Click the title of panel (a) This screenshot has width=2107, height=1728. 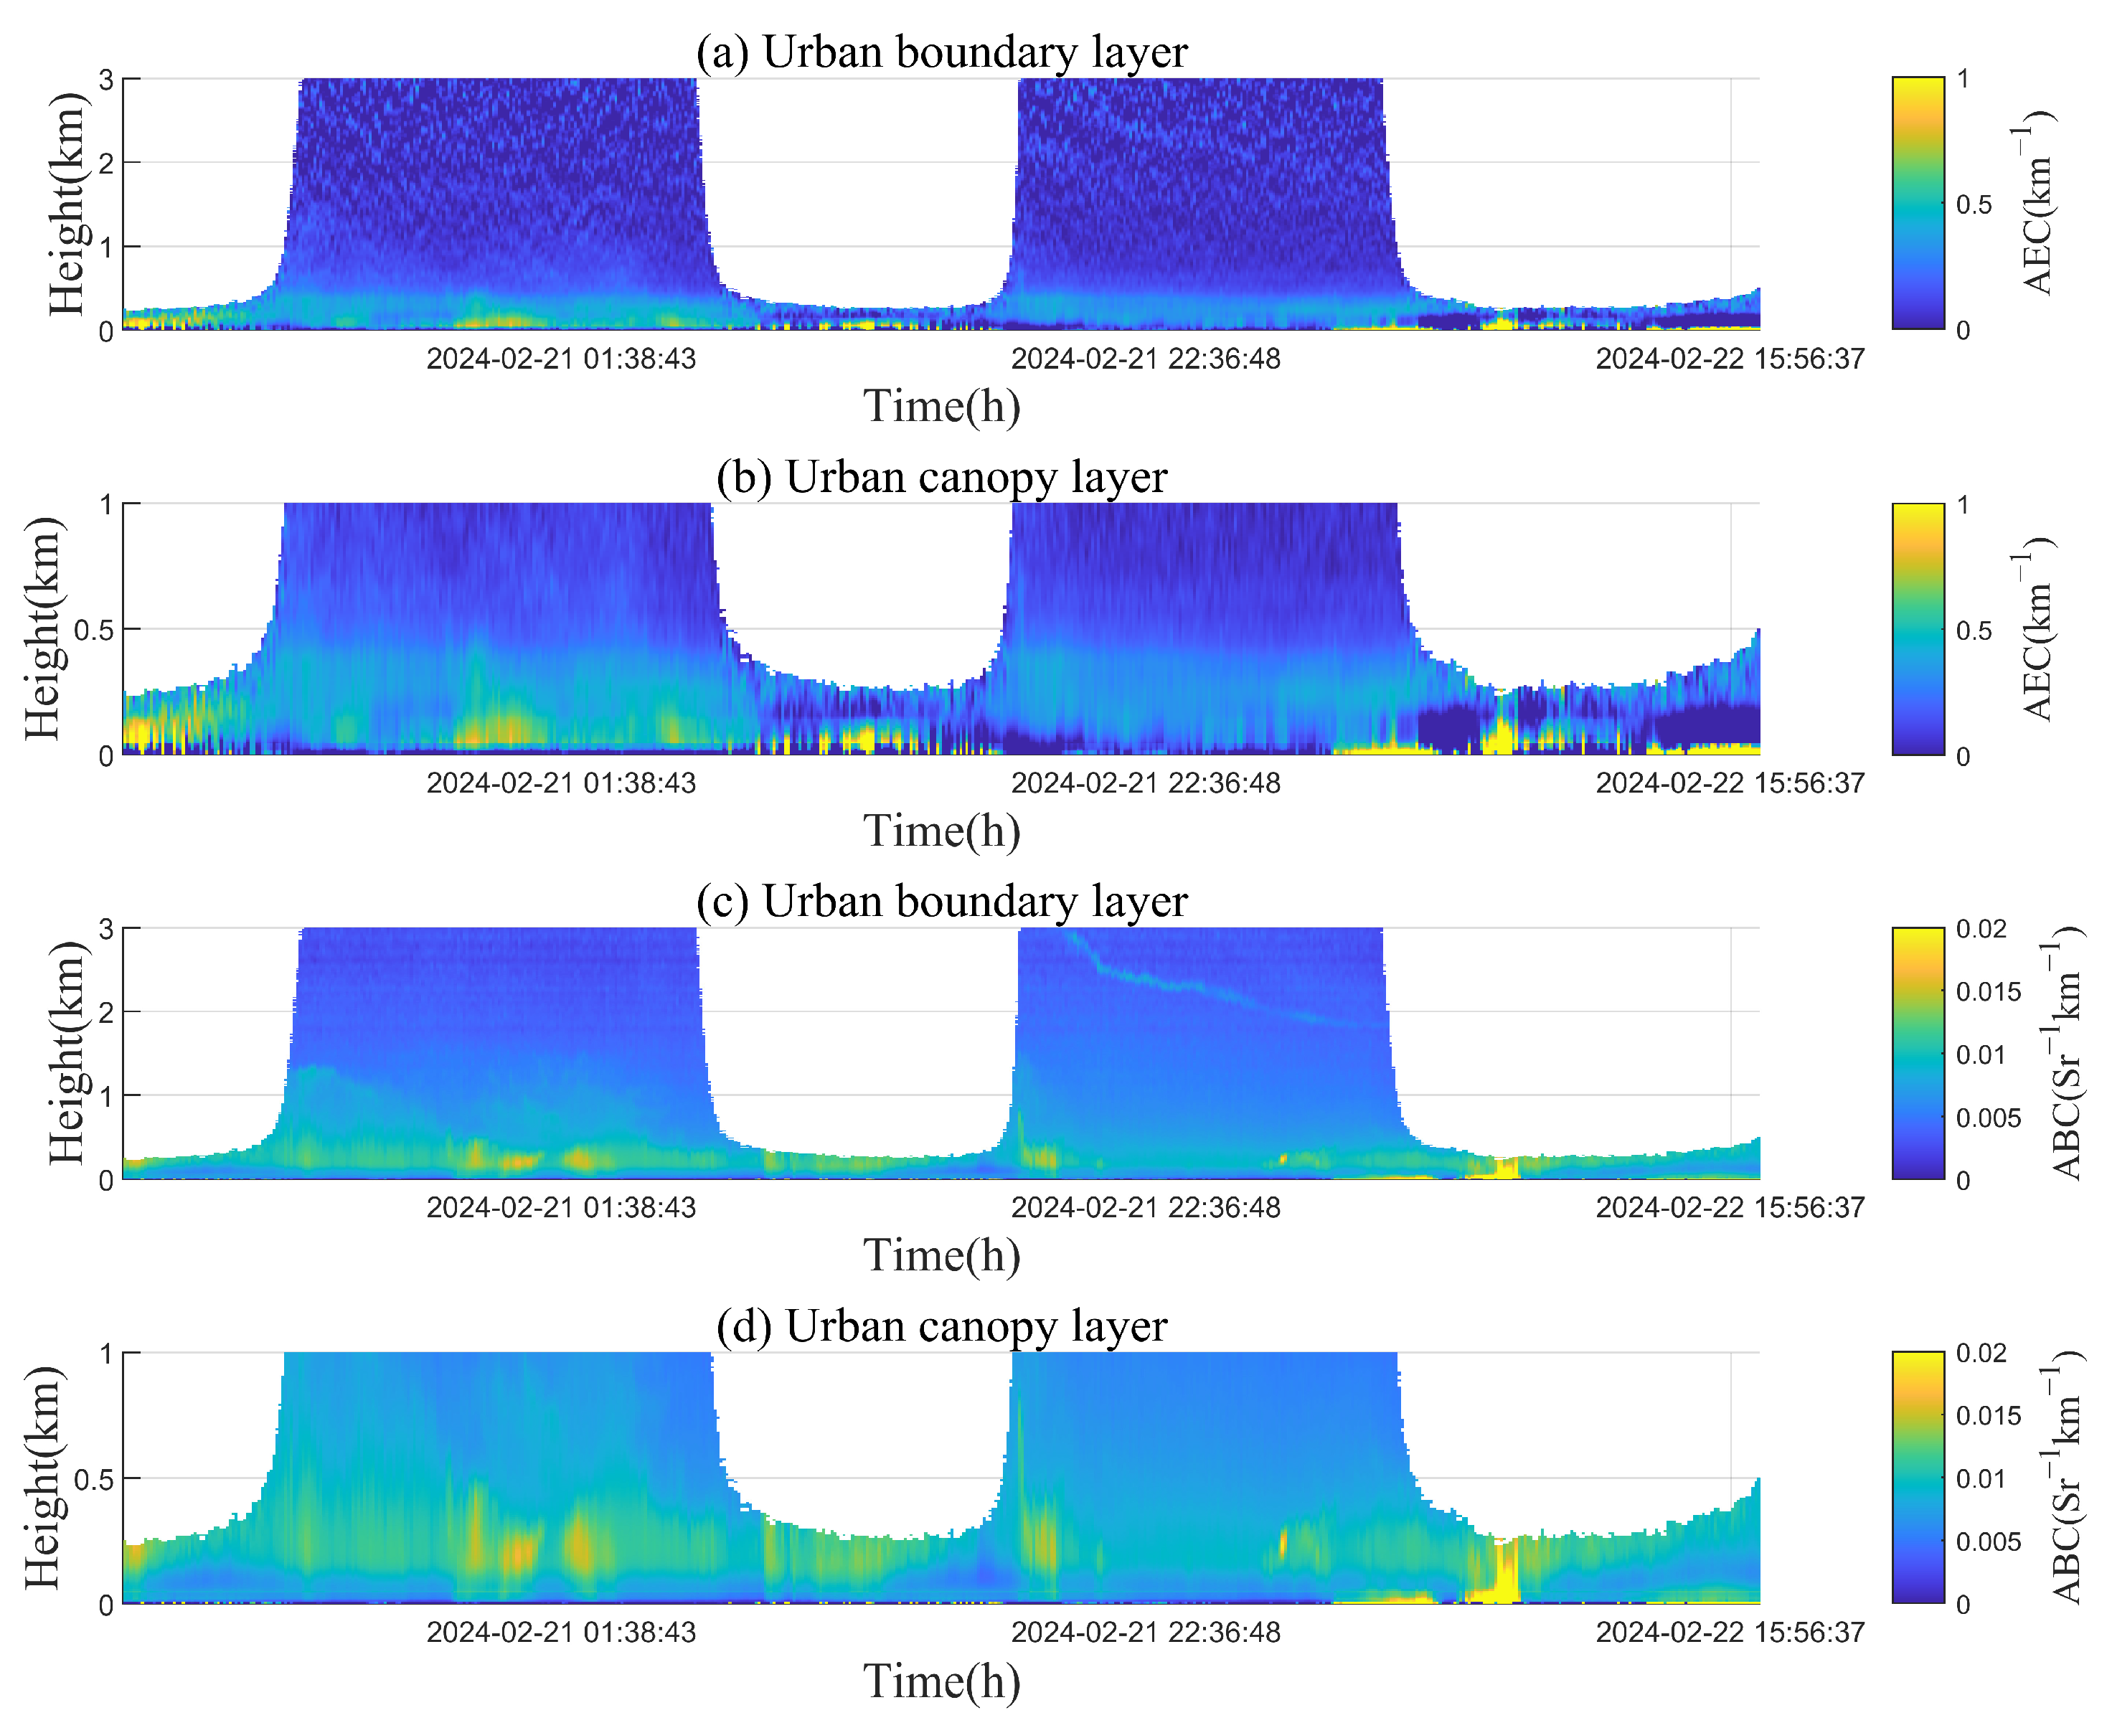(941, 52)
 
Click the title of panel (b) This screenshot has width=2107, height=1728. (941, 477)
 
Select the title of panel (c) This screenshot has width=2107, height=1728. (941, 901)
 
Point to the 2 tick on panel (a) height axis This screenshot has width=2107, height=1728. (105, 162)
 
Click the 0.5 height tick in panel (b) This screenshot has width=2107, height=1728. (93, 630)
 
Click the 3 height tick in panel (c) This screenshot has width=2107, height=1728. (105, 929)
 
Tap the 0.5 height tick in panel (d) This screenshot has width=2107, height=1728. (93, 1479)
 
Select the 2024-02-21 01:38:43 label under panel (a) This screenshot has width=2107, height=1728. (561, 359)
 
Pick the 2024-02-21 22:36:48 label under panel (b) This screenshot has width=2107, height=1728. (1146, 783)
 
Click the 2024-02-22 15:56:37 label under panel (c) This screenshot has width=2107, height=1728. (1730, 1207)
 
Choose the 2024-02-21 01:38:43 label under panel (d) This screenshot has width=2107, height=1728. (561, 1633)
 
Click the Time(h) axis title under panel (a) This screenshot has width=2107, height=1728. (941, 406)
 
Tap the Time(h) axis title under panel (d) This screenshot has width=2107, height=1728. (941, 1681)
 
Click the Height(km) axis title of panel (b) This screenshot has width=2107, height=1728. (43, 629)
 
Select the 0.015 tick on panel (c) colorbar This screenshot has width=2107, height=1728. (1988, 991)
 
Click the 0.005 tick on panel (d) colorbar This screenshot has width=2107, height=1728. (1988, 1542)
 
